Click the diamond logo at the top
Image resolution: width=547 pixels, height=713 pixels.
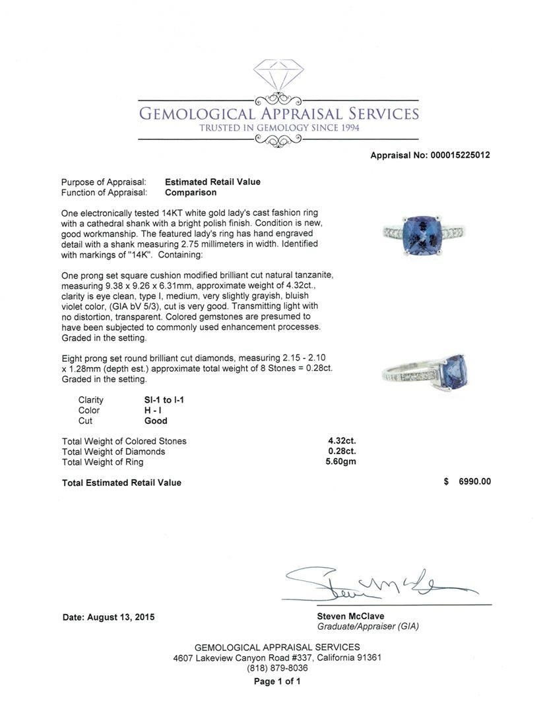point(278,76)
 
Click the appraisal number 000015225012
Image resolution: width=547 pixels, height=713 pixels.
point(460,156)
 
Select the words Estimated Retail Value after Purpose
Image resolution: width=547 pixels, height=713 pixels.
point(212,182)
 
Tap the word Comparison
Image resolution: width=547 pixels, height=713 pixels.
point(191,193)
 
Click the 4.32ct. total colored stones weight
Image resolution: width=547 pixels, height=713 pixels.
point(340,441)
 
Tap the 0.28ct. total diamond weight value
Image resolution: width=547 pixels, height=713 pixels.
point(340,452)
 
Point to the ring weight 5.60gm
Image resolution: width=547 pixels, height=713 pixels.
point(340,462)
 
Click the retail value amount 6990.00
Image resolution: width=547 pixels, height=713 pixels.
point(475,482)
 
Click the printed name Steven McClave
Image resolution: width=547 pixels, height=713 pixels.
point(350,617)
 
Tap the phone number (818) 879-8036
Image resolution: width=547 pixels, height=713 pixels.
point(277,668)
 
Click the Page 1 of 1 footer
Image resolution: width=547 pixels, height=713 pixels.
point(277,681)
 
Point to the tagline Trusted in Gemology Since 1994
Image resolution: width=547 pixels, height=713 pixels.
point(279,127)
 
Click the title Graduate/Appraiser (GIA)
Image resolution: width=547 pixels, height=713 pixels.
point(368,627)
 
